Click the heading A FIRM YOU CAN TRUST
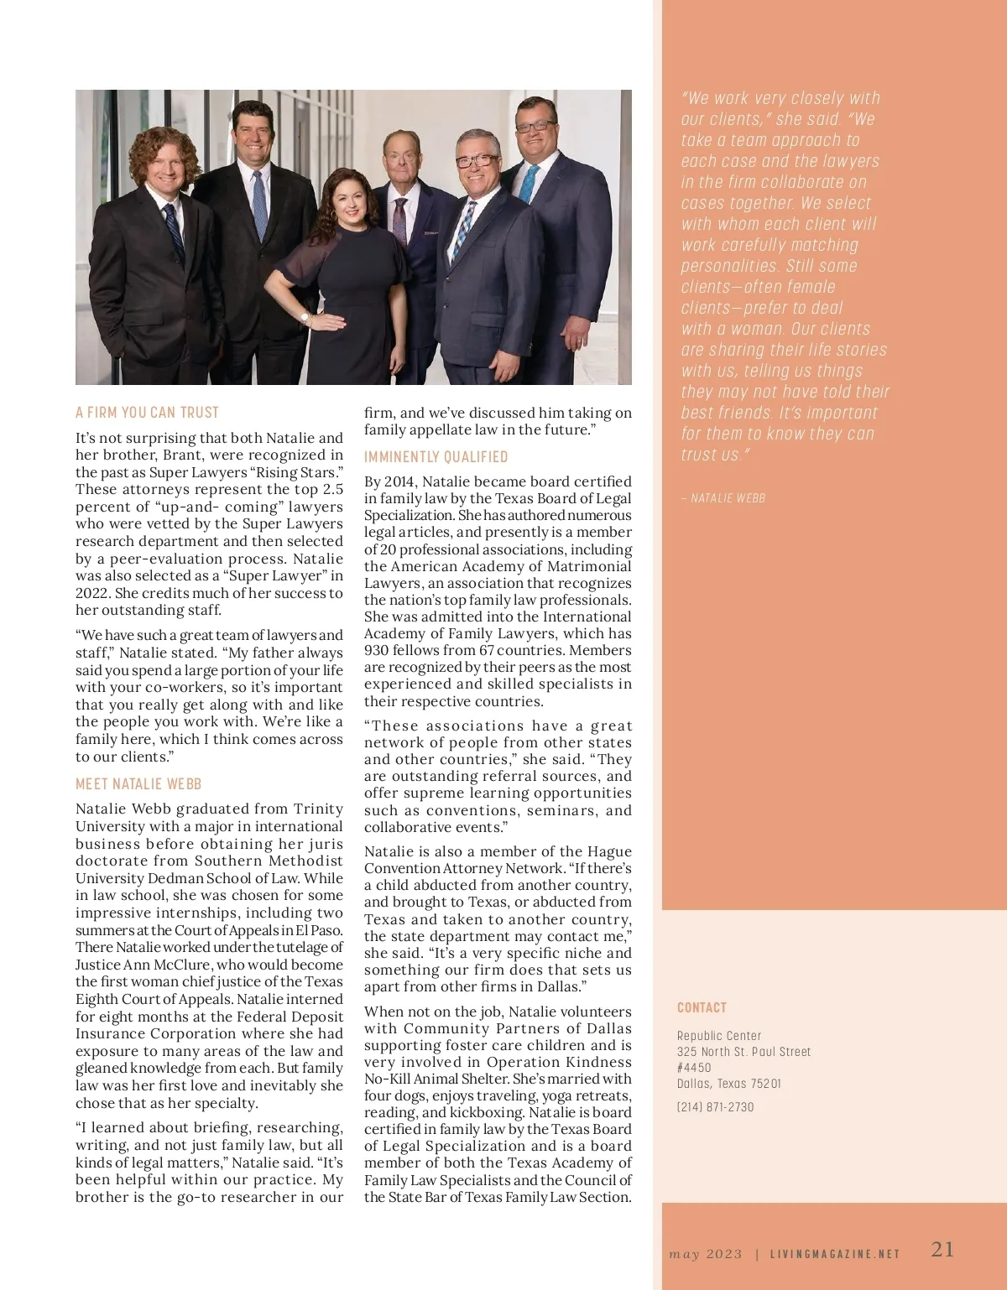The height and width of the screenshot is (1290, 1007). (x=147, y=412)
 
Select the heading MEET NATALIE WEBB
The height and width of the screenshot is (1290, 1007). (x=138, y=783)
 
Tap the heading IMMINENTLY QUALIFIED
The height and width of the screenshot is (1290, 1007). (x=436, y=456)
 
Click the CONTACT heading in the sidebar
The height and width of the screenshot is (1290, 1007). (x=702, y=1007)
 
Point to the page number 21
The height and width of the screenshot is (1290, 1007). (x=942, y=1249)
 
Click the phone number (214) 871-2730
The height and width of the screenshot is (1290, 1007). (x=715, y=1107)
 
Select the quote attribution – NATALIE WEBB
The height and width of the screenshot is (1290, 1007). (x=723, y=498)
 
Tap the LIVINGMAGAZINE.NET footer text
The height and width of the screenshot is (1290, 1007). (x=835, y=1254)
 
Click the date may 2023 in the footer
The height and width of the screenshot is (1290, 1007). (x=706, y=1254)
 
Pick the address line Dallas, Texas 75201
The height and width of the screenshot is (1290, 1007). (x=728, y=1084)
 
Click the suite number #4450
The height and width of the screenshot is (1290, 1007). (x=694, y=1068)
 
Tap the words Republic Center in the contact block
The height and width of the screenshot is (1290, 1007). (x=719, y=1036)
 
